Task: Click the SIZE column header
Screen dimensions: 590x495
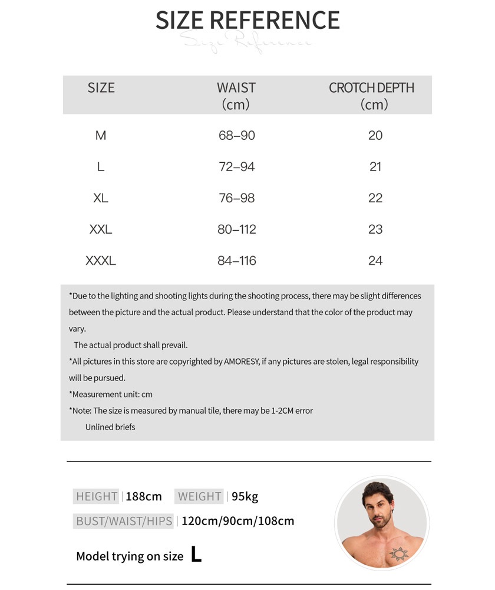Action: tap(101, 88)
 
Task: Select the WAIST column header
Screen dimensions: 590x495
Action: tap(236, 96)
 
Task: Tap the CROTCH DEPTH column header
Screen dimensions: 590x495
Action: tap(371, 96)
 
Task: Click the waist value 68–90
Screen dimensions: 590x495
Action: tap(236, 136)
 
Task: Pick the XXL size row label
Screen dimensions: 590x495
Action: tap(101, 230)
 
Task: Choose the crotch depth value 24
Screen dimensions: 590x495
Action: tap(375, 261)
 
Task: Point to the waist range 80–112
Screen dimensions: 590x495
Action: tap(236, 230)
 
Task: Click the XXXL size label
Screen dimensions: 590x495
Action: tap(101, 261)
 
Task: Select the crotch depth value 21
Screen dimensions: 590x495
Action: tap(375, 167)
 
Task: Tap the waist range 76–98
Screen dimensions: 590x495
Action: tap(236, 198)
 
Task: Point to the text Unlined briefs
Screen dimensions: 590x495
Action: tap(110, 427)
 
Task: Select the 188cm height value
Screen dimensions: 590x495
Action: tap(143, 497)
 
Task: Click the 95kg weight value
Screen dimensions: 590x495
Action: tap(245, 497)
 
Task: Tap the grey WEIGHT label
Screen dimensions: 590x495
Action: tap(200, 497)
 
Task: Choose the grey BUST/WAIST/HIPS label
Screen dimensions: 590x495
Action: tap(124, 522)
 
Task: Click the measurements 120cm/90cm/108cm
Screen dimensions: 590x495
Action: tap(237, 522)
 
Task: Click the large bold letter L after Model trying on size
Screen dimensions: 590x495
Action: tap(196, 555)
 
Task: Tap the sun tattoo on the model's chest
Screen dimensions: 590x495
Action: tap(399, 553)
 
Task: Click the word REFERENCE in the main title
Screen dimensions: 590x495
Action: tap(275, 20)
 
